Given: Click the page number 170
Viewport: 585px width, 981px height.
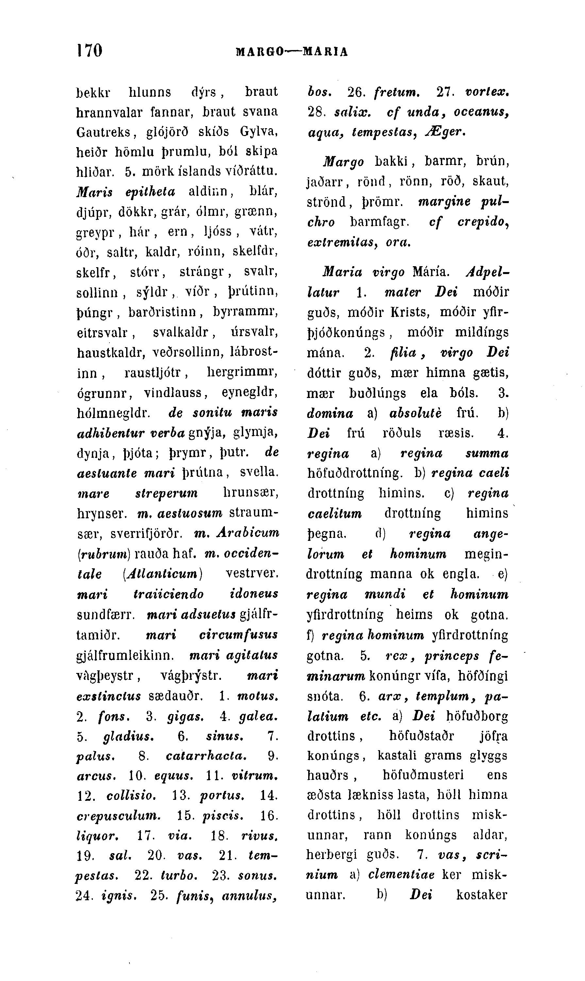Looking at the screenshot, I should pos(90,50).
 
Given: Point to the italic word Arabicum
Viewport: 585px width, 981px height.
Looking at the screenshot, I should pos(252,533).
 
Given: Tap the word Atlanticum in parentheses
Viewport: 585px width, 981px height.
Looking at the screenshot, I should pos(162,573).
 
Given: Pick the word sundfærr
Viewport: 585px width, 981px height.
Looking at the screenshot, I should pos(105,614).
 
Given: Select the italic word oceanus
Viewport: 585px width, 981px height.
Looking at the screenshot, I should pos(482,112).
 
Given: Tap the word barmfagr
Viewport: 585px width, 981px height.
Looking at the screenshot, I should pos(379,222).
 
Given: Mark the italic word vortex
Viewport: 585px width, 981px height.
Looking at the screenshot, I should pos(487,92).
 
